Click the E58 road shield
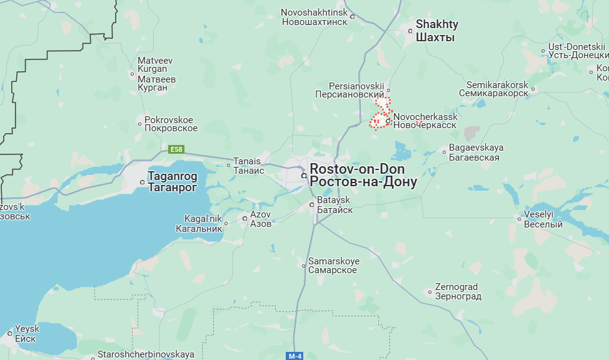coord(177,149)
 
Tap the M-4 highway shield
coord(294,356)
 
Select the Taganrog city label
coord(172,182)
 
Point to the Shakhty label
coord(436,31)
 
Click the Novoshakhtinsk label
coord(313,17)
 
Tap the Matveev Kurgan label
coord(156,74)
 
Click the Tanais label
coord(248,166)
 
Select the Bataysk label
coord(335,205)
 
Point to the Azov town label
coord(261,218)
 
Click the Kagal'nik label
coord(203,223)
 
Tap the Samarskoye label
coord(333,265)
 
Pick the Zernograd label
coord(458,291)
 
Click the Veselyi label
coord(543,219)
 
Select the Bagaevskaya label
coord(476,152)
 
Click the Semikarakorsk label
coord(497,89)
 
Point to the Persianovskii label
coord(357,89)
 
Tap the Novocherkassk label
coord(425,121)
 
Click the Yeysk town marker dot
coord(11,333)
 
